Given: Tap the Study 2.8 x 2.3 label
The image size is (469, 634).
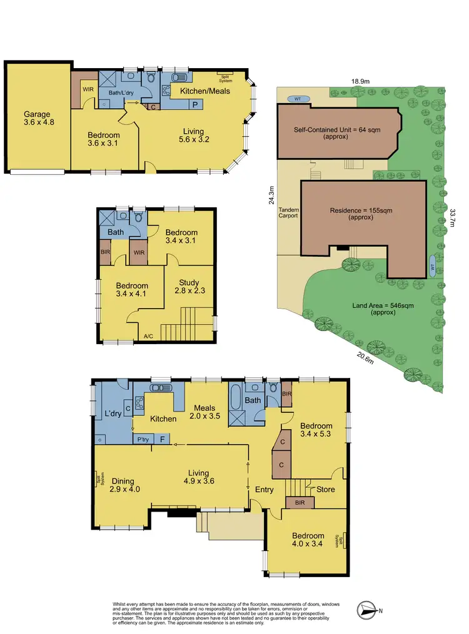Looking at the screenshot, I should coord(189,286).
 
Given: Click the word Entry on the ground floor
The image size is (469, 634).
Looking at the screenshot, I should coord(264,490).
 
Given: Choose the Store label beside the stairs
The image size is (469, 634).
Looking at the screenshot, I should coord(325,489).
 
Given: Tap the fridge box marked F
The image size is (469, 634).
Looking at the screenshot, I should coord(162,440).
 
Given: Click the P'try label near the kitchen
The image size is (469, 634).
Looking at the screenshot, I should coord(143,440).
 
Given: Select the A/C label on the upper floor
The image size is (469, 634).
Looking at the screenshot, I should coord(148,336).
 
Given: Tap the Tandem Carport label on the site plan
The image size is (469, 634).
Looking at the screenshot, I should coord(288,212).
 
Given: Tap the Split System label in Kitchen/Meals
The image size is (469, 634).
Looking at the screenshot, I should coord(225,77).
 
